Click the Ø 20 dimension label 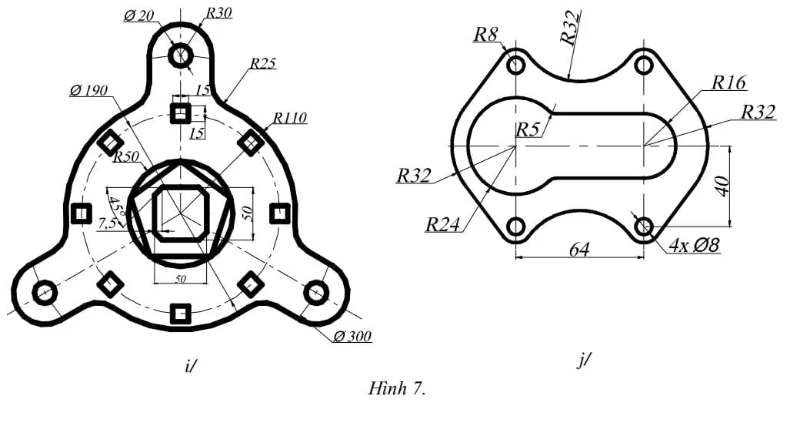(139, 15)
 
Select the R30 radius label (218, 12)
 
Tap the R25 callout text (262, 64)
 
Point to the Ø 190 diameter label (88, 90)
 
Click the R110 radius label (289, 118)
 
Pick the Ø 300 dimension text (352, 337)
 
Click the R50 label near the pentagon (125, 158)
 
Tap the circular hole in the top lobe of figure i (181, 55)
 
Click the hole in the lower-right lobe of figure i (315, 293)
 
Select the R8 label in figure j (485, 34)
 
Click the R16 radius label (728, 83)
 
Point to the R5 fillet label (528, 129)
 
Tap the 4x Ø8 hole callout (694, 246)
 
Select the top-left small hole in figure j (515, 65)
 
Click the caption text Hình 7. (397, 388)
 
